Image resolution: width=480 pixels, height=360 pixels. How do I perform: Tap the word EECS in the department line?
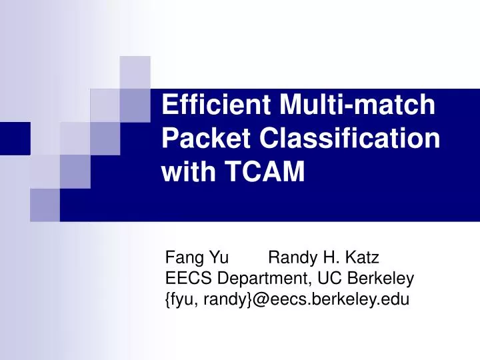click(183, 279)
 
